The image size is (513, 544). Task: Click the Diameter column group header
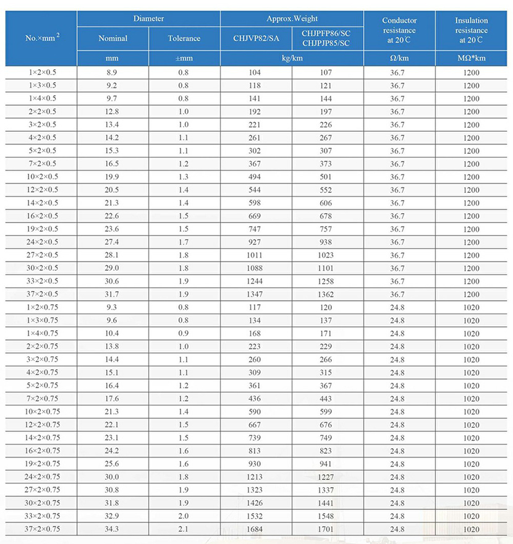point(148,19)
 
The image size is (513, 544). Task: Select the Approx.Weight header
point(292,19)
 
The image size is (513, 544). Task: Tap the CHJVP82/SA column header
point(256,38)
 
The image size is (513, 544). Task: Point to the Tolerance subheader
point(184,38)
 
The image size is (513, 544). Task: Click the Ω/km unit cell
point(399,59)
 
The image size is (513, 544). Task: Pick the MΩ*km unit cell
point(471,59)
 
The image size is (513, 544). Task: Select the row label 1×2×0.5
point(42,72)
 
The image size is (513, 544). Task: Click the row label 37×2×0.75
point(42,529)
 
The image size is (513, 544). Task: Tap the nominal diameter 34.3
point(113,529)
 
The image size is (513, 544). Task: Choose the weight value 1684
point(255,529)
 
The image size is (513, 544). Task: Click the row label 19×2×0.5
point(42,229)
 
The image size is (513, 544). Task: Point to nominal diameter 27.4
point(113,242)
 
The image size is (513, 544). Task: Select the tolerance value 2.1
point(184,529)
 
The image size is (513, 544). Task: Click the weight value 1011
point(255,255)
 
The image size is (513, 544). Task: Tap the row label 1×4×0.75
point(42,333)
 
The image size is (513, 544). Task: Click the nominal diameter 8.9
point(113,72)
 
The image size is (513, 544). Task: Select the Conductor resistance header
point(399,30)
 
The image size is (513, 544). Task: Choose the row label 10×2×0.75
point(42,412)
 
